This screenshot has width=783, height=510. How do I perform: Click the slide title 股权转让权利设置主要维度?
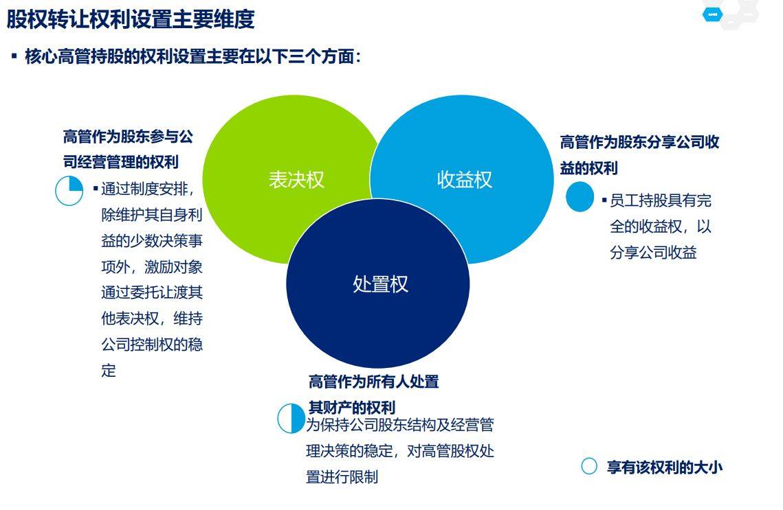click(x=131, y=19)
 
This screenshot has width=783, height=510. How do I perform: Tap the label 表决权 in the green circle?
click(x=296, y=179)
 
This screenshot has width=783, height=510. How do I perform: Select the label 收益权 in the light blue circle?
click(x=465, y=179)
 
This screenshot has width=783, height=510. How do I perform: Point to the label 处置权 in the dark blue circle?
click(x=381, y=284)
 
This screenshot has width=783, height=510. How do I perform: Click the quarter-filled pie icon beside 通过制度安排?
click(x=69, y=190)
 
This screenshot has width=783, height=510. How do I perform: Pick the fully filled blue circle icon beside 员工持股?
click(x=580, y=196)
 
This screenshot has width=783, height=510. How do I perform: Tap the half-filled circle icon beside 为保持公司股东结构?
click(x=291, y=418)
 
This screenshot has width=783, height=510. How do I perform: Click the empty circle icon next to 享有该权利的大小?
click(x=589, y=466)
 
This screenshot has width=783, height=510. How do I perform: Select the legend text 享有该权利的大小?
click(x=665, y=467)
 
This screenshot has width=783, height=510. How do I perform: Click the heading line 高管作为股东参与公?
click(x=128, y=136)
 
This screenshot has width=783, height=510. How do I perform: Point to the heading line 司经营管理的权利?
click(x=121, y=161)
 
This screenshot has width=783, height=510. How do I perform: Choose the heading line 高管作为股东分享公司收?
click(x=640, y=142)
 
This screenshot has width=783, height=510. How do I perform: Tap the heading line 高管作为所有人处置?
click(x=373, y=382)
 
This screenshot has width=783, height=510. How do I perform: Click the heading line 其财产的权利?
click(x=351, y=407)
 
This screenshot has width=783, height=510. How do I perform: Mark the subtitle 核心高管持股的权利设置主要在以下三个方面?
click(x=192, y=56)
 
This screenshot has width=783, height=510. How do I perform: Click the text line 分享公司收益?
click(x=653, y=253)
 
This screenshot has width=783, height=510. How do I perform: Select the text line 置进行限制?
click(x=342, y=476)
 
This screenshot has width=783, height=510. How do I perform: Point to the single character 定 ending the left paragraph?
click(x=109, y=370)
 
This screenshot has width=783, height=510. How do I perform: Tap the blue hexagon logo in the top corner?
click(x=713, y=14)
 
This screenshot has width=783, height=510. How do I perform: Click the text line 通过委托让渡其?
click(x=152, y=292)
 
